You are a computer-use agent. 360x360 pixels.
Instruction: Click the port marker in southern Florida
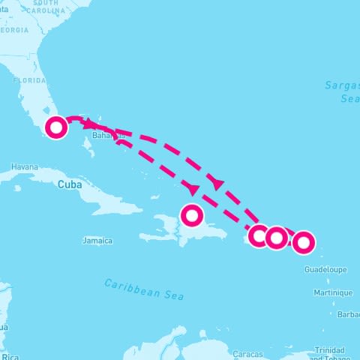click(55, 127)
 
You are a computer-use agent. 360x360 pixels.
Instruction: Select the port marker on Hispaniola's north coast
click(193, 215)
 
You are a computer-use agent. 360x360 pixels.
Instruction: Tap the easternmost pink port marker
click(303, 242)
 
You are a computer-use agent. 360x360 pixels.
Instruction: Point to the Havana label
click(25, 166)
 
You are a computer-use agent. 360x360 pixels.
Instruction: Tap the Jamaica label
click(97, 241)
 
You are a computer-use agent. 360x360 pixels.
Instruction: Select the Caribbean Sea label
click(143, 289)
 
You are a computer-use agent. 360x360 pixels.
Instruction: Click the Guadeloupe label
click(323, 268)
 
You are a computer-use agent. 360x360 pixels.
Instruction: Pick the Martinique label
click(333, 292)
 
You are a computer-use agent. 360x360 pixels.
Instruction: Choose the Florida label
click(30, 79)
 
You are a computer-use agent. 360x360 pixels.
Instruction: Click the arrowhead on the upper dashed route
click(218, 182)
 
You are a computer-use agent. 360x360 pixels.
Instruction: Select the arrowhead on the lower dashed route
click(193, 187)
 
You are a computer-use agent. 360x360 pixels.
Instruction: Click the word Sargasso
click(342, 85)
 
